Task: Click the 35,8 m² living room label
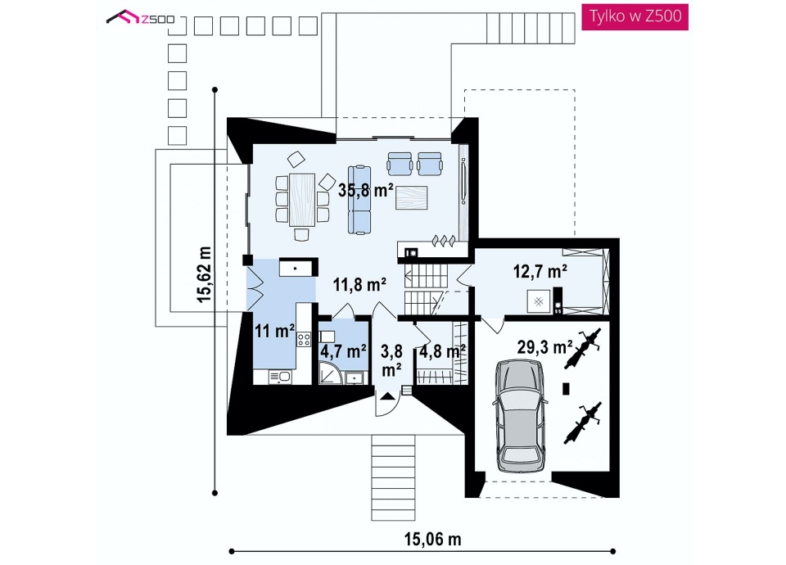[365, 190]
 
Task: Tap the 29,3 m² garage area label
[545, 346]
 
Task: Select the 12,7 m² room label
[540, 271]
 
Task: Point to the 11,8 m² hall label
[359, 285]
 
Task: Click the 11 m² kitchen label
[274, 331]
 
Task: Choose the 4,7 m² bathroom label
[343, 351]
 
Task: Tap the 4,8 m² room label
[442, 351]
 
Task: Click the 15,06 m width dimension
[432, 539]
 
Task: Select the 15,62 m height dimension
[204, 273]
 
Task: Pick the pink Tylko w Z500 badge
[635, 16]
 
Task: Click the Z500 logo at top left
[140, 18]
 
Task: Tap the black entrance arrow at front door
[386, 396]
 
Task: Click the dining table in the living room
[302, 198]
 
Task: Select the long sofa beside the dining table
[359, 200]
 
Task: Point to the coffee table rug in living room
[411, 197]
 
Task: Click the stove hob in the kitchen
[304, 339]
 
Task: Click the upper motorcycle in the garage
[582, 347]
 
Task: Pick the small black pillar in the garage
[566, 388]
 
